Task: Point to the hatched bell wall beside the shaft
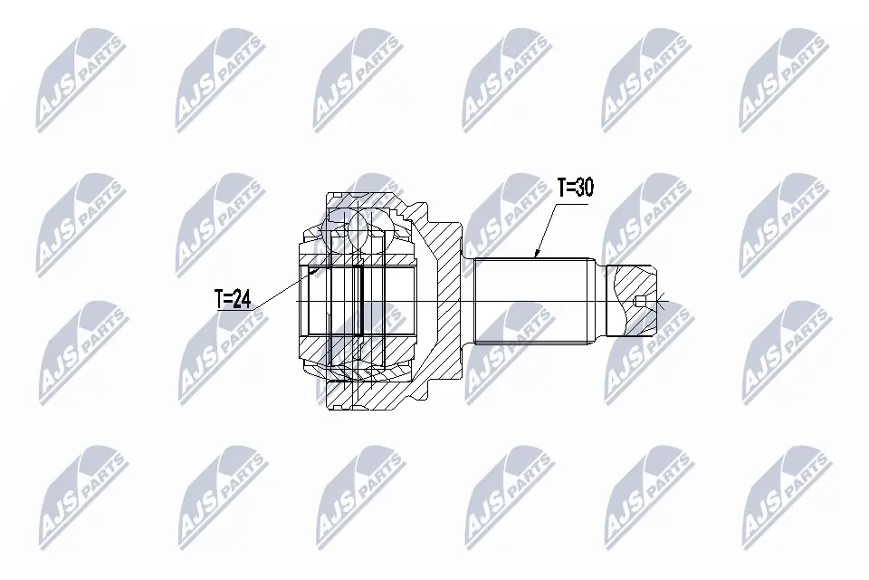444,299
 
